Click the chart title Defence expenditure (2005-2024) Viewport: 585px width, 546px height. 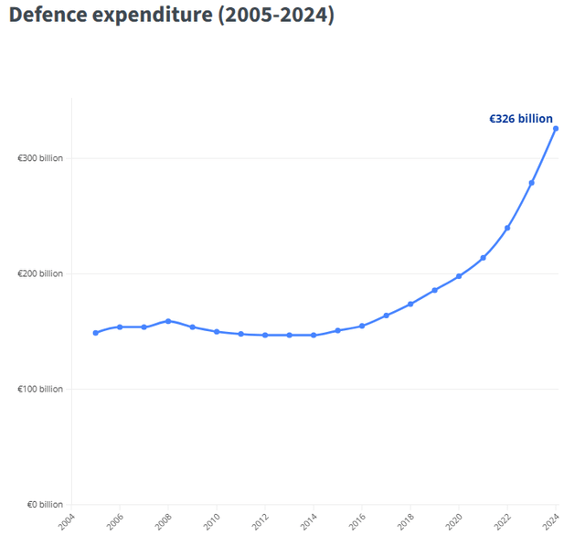point(171,16)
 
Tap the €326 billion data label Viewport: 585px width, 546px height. point(520,119)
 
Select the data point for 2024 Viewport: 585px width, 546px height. point(556,128)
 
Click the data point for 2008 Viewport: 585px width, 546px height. point(168,321)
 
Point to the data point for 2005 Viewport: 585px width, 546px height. point(95,333)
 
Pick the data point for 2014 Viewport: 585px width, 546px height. point(314,335)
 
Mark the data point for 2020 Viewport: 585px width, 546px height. point(459,276)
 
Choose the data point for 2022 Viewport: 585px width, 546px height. point(507,228)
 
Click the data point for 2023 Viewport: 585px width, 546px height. point(532,183)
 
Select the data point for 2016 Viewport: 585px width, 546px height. point(362,326)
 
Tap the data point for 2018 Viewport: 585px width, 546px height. point(410,304)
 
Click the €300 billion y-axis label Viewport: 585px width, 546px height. point(40,158)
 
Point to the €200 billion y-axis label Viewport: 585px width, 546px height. point(40,273)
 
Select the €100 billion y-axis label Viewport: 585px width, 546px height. point(40,389)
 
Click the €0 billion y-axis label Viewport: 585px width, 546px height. point(43,505)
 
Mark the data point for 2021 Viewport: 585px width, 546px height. point(484,258)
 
